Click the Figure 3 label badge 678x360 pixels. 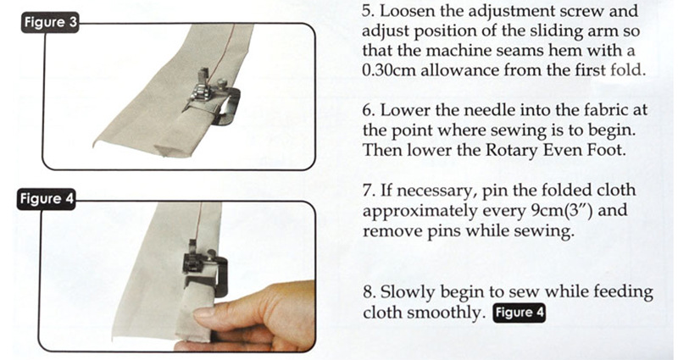[x=50, y=22]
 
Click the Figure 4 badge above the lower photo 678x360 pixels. [x=47, y=199]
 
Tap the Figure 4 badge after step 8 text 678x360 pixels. [x=520, y=313]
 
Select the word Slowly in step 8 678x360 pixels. [x=408, y=291]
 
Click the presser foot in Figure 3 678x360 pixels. [x=201, y=88]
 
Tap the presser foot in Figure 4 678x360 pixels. [x=192, y=262]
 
